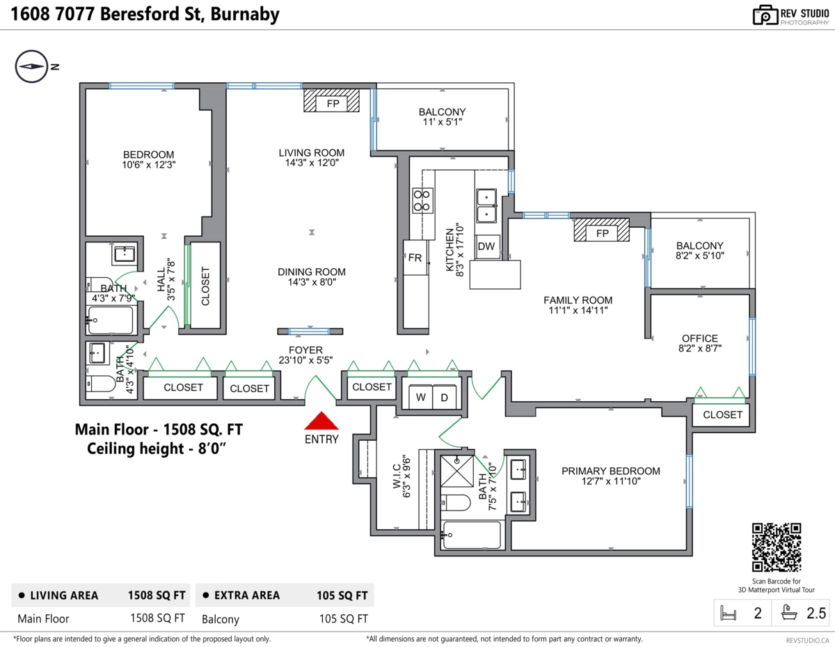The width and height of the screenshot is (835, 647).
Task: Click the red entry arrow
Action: [x=321, y=421]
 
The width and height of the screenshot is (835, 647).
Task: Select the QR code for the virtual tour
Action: [x=777, y=547]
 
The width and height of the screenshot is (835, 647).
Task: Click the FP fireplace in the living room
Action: [x=332, y=100]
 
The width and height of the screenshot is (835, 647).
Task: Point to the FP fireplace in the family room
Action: [x=602, y=230]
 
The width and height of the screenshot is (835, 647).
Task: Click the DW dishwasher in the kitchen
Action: [x=487, y=247]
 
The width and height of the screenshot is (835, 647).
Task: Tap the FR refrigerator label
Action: [x=415, y=258]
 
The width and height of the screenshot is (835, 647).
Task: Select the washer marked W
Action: [x=420, y=397]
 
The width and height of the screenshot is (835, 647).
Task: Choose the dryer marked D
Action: [x=444, y=397]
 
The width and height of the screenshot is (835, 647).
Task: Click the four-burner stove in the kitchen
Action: [x=422, y=201]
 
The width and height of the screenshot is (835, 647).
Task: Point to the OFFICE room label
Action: [x=700, y=338]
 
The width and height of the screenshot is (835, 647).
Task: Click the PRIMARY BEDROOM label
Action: [x=610, y=471]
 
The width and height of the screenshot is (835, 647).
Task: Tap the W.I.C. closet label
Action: [x=397, y=476]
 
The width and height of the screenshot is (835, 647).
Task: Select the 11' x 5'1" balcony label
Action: [x=442, y=122]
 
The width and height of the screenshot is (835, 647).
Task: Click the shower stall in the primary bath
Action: [x=457, y=471]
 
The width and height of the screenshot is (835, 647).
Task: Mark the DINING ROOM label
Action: [x=311, y=272]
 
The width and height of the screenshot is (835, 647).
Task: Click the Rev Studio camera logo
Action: [x=765, y=15]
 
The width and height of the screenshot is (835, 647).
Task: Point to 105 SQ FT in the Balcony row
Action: [x=343, y=619]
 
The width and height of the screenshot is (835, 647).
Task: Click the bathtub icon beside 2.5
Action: [x=789, y=613]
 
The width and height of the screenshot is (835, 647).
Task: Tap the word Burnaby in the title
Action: [x=245, y=14]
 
